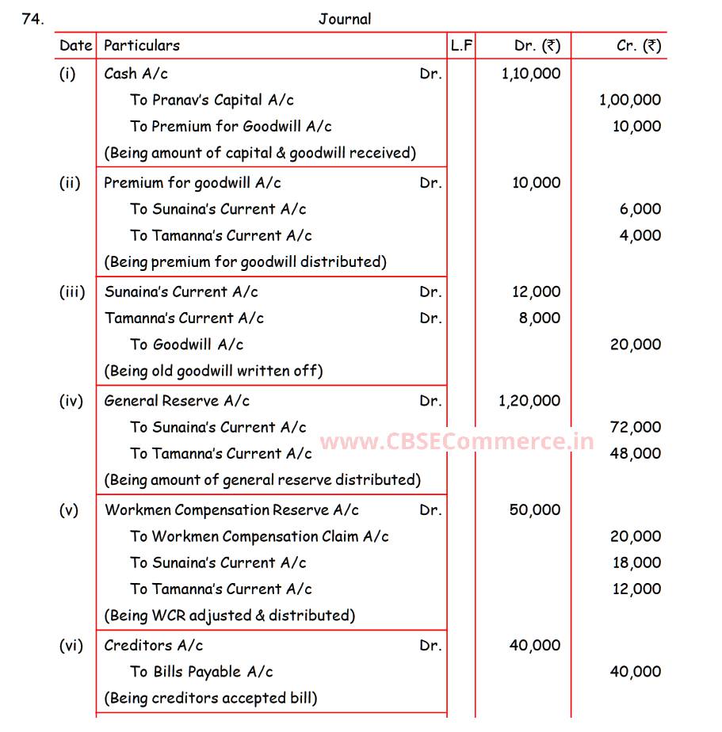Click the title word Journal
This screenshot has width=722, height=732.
coord(345,19)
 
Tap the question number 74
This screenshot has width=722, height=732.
coord(33,19)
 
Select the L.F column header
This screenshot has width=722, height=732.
coord(461,46)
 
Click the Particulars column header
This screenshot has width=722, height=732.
coord(142,46)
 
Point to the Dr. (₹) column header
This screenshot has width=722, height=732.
coord(537,46)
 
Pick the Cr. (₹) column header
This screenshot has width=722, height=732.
coord(639,46)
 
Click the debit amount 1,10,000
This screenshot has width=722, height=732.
coord(531,74)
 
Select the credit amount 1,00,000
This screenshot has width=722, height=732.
coord(630,100)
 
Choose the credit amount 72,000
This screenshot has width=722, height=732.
coord(636,427)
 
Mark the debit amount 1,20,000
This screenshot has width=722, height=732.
coord(529,401)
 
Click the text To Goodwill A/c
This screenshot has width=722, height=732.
coord(187,345)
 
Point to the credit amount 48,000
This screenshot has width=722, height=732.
coord(636,453)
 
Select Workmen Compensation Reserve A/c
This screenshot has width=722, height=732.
coord(231,510)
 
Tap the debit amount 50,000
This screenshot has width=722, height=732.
coord(535,510)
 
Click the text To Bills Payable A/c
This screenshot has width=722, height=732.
coord(201,672)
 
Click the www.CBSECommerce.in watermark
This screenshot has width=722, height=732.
coord(457,442)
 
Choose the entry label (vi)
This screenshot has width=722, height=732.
coord(71,646)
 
